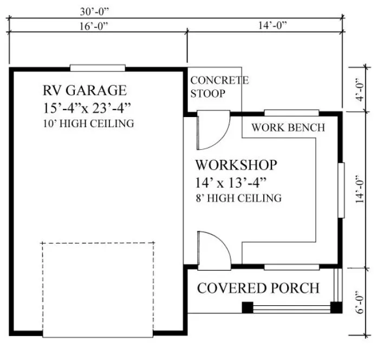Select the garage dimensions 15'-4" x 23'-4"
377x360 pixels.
88,107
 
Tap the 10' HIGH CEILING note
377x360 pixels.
88,124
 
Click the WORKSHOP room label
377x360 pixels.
236,164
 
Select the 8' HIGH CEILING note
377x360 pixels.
238,198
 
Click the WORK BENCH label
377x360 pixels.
288,128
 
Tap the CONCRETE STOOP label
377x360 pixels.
219,87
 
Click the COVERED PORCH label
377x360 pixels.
258,288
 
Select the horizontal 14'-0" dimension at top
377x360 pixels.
269,25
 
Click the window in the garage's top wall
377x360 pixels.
97,68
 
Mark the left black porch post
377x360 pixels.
247,307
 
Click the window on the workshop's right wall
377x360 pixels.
341,190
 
